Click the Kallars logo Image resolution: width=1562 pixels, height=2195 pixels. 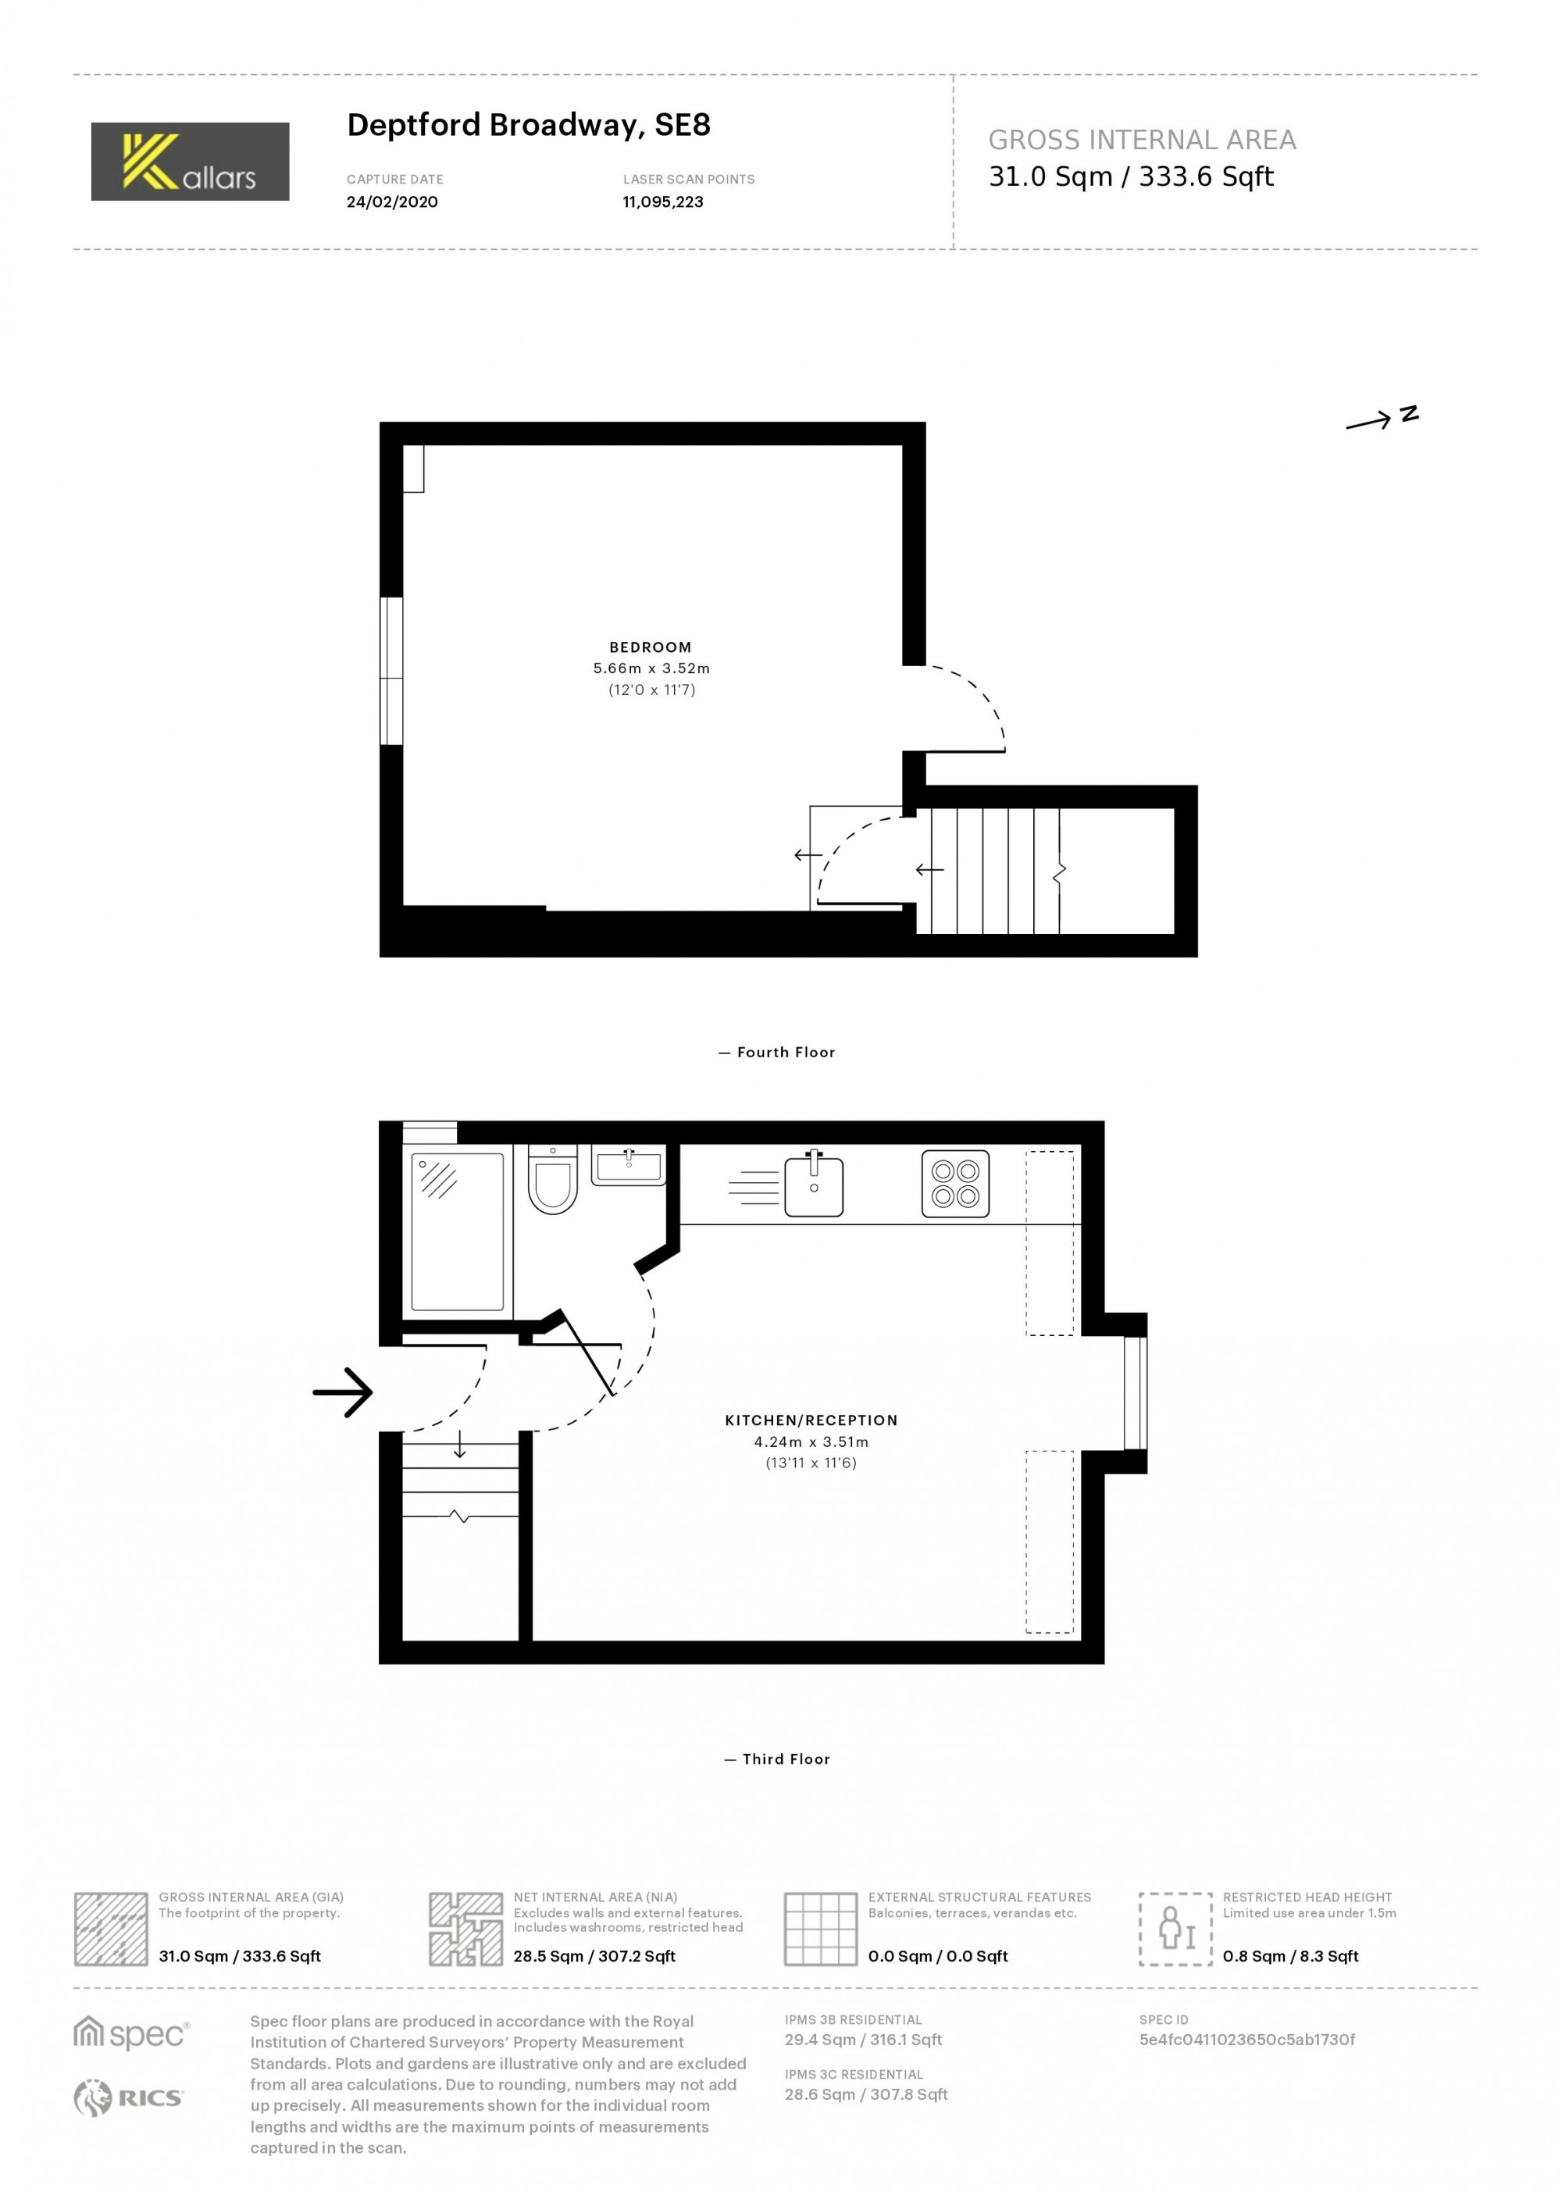191,162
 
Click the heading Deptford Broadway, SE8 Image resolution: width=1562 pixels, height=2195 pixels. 529,126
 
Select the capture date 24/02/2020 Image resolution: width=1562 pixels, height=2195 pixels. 392,202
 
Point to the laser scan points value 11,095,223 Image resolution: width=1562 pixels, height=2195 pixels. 663,202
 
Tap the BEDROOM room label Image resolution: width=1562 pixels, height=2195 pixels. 651,648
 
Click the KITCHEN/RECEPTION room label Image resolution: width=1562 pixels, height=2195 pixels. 811,1420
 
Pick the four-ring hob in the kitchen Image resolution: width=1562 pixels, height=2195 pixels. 956,1184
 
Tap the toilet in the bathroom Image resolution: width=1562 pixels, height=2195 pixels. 552,1180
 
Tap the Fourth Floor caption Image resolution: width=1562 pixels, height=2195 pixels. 777,1053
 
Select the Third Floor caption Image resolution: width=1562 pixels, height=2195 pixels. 777,1759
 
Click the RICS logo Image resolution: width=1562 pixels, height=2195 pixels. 128,2098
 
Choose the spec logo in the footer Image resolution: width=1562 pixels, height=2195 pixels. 132,2033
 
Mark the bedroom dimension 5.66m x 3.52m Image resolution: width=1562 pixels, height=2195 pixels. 652,668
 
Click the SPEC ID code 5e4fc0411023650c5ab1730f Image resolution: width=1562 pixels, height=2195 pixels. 1247,2040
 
